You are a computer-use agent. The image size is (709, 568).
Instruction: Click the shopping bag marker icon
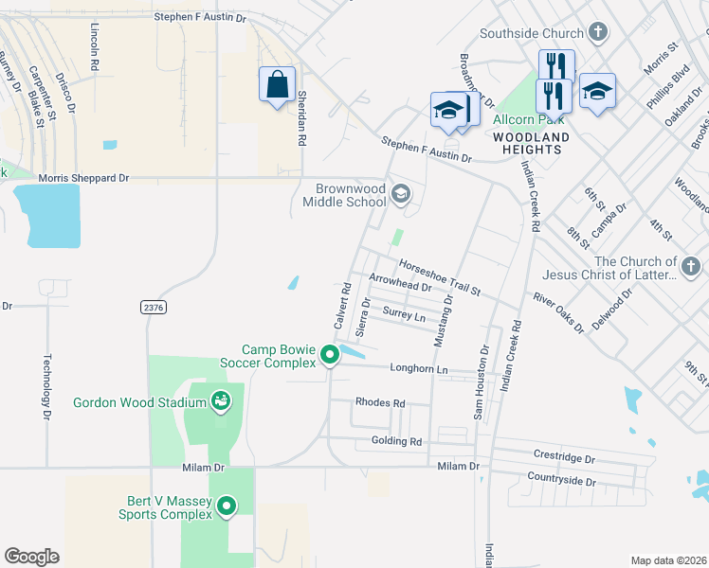[x=277, y=84]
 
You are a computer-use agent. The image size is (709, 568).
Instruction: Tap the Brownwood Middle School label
[x=345, y=195]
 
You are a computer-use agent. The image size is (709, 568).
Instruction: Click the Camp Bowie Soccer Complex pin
[x=330, y=355]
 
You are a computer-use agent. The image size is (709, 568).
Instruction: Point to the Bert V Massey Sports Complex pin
[x=227, y=506]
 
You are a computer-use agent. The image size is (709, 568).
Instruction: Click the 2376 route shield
[x=152, y=308]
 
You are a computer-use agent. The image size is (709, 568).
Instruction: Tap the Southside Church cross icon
[x=597, y=34]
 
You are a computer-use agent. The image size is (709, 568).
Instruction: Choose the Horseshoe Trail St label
[x=439, y=275]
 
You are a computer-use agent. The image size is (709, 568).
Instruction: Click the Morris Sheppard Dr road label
[x=83, y=178]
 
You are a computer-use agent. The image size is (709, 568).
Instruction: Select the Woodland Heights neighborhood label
[x=531, y=143]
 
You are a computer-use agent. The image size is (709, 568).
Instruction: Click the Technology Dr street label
[x=45, y=386]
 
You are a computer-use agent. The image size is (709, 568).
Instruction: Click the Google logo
[x=32, y=557]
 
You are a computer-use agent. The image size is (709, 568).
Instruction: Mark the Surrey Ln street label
[x=404, y=314]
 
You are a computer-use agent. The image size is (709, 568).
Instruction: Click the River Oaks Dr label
[x=558, y=313]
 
